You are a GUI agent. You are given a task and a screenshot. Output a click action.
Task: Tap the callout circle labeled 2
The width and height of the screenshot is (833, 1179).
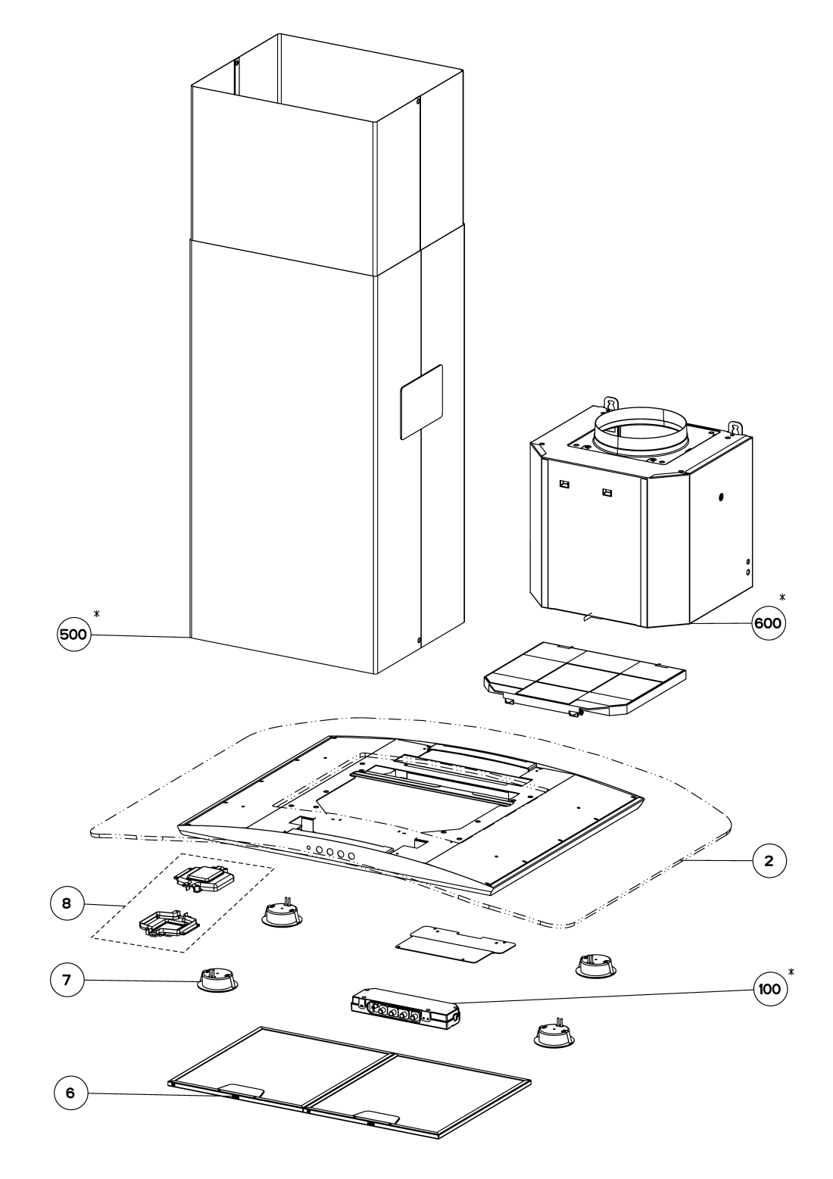click(x=768, y=861)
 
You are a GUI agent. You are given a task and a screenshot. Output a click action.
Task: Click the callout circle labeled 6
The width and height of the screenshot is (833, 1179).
click(x=70, y=1092)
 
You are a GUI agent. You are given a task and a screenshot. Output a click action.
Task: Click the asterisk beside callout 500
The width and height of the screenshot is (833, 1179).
click(x=96, y=612)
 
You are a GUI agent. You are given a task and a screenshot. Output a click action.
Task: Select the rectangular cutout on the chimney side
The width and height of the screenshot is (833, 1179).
click(x=421, y=401)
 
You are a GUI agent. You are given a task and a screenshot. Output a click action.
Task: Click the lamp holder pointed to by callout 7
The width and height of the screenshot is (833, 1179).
click(x=218, y=981)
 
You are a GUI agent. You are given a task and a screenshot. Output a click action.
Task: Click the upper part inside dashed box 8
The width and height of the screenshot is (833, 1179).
click(x=204, y=878)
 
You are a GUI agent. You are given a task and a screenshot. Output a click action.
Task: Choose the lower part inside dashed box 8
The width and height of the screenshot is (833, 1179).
click(x=170, y=922)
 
